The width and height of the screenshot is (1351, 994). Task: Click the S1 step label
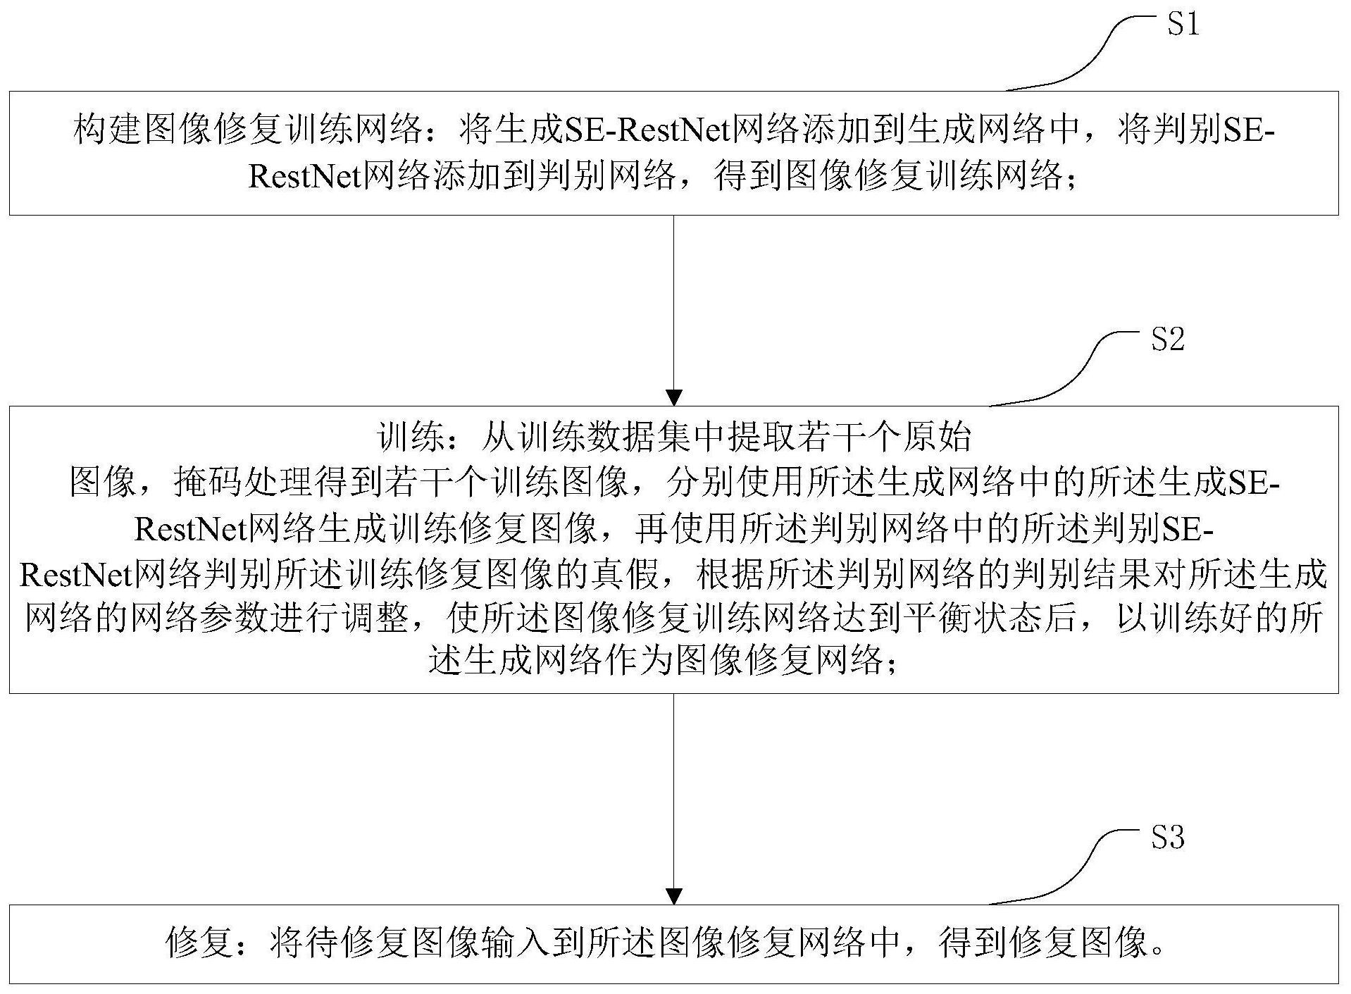point(1183,25)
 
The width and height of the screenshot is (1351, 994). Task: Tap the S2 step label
point(1167,340)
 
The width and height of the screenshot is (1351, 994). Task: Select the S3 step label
point(1167,838)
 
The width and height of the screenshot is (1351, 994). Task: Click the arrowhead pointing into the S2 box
point(674,397)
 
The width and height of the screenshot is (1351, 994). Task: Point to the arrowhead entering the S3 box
point(674,896)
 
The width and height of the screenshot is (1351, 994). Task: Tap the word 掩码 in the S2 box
point(207,483)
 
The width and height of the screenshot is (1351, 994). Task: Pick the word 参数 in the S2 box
point(270,619)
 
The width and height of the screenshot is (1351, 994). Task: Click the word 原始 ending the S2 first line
point(938,437)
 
